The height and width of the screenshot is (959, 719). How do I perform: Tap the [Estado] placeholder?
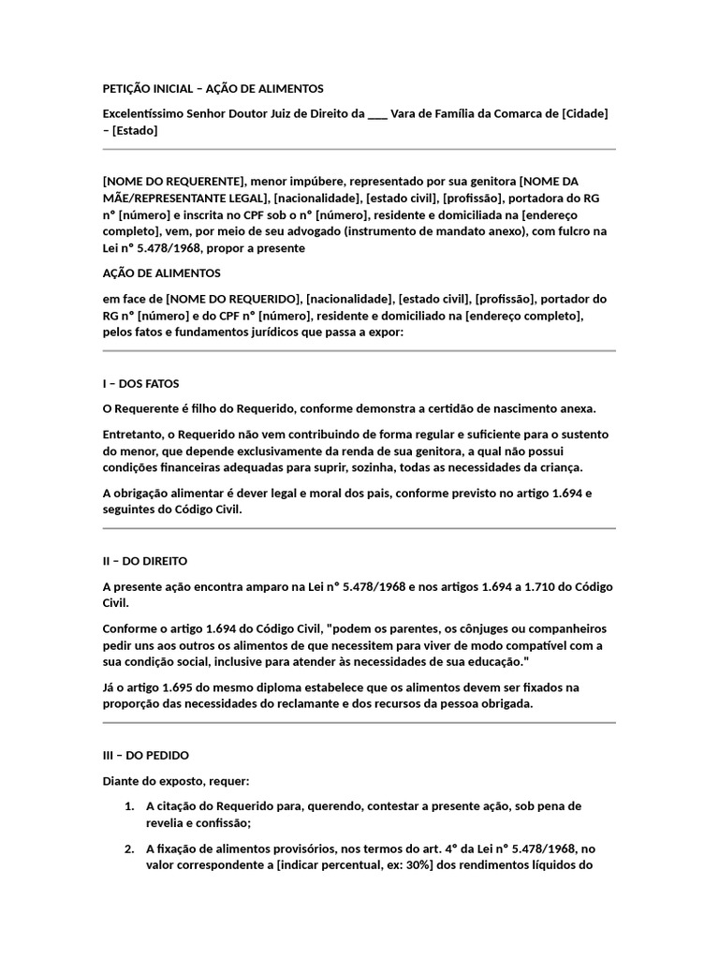135,130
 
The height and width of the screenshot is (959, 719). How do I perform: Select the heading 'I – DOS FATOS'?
140,383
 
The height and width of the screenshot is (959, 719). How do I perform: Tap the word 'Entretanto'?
132,434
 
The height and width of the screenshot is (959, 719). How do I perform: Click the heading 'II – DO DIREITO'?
145,560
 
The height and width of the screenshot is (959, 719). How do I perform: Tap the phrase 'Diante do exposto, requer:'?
176,780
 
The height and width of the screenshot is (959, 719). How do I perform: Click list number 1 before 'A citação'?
128,805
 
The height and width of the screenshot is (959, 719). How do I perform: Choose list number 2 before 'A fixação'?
128,848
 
